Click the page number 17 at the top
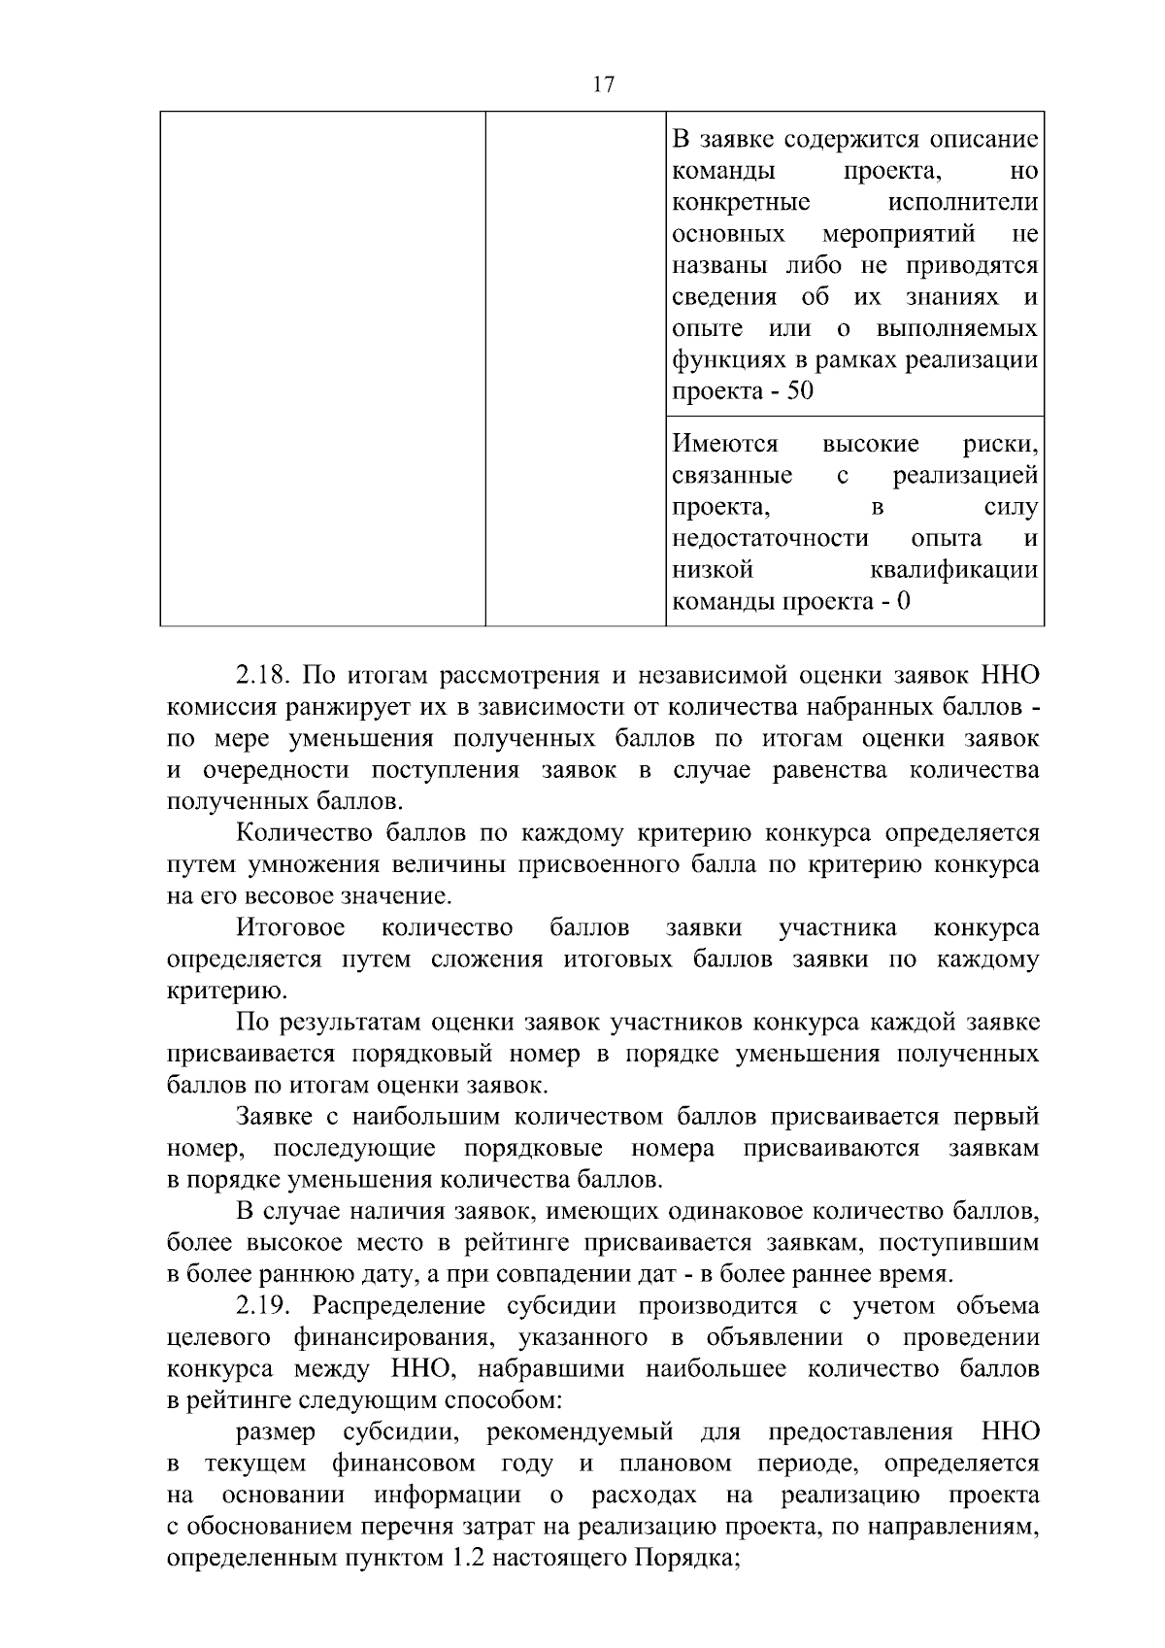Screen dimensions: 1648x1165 click(x=602, y=84)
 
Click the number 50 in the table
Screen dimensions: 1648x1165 click(x=800, y=391)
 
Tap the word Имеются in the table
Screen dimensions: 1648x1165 click(x=725, y=445)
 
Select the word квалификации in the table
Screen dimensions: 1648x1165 click(x=954, y=570)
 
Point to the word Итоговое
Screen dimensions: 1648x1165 click(x=290, y=927)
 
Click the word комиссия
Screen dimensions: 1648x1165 click(x=217, y=707)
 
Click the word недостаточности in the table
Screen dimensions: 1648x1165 click(x=769, y=539)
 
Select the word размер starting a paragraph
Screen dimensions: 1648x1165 click(x=276, y=1432)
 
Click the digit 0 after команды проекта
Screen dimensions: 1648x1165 click(x=904, y=602)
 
